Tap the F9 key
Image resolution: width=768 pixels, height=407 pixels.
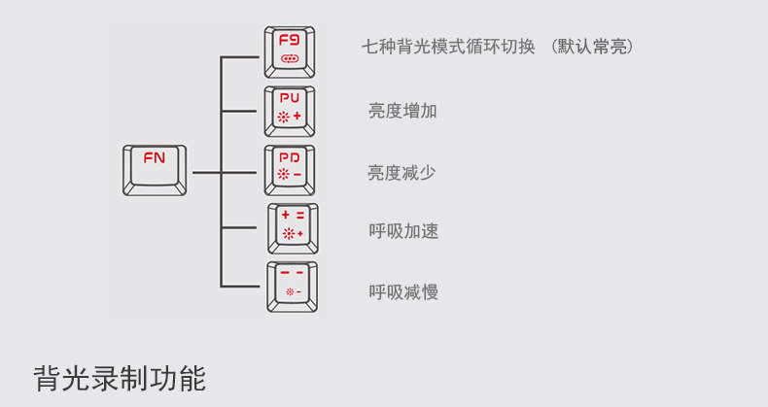290,51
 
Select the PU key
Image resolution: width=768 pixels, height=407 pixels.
290,111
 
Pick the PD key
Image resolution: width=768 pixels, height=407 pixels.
290,170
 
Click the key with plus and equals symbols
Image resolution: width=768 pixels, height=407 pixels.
293,228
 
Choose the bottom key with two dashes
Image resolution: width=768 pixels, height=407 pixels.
292,287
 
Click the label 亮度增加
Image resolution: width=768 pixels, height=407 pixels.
402,111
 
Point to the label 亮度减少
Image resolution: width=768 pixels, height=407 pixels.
401,172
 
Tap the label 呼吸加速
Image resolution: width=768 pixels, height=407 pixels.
403,231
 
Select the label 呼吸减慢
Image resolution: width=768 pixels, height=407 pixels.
403,291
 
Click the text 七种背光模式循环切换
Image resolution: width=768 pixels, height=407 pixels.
448,47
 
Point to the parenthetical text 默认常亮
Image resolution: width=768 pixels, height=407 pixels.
592,47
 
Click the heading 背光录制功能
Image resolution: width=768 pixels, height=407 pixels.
120,377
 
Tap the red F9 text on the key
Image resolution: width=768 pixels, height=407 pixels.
290,41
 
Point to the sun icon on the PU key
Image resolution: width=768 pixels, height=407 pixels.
283,117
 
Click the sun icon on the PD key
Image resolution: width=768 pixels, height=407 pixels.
283,176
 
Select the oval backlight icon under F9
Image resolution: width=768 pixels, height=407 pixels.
290,59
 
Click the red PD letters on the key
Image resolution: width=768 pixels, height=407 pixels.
290,157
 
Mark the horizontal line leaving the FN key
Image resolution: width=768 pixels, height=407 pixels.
206,172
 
